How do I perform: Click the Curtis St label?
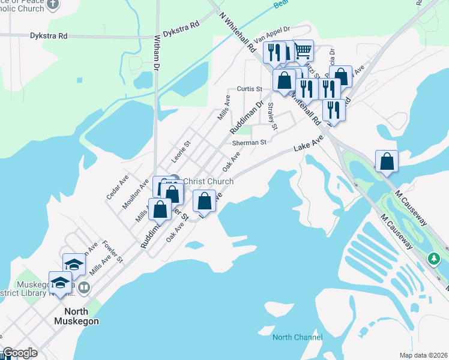250,89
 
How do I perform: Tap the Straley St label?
272,116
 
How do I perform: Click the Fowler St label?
112,251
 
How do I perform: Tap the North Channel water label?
297,337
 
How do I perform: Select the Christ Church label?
208,181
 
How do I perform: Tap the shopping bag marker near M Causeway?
387,161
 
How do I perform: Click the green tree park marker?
434,259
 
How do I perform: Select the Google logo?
20,353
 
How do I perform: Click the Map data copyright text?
423,353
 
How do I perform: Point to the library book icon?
85,288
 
